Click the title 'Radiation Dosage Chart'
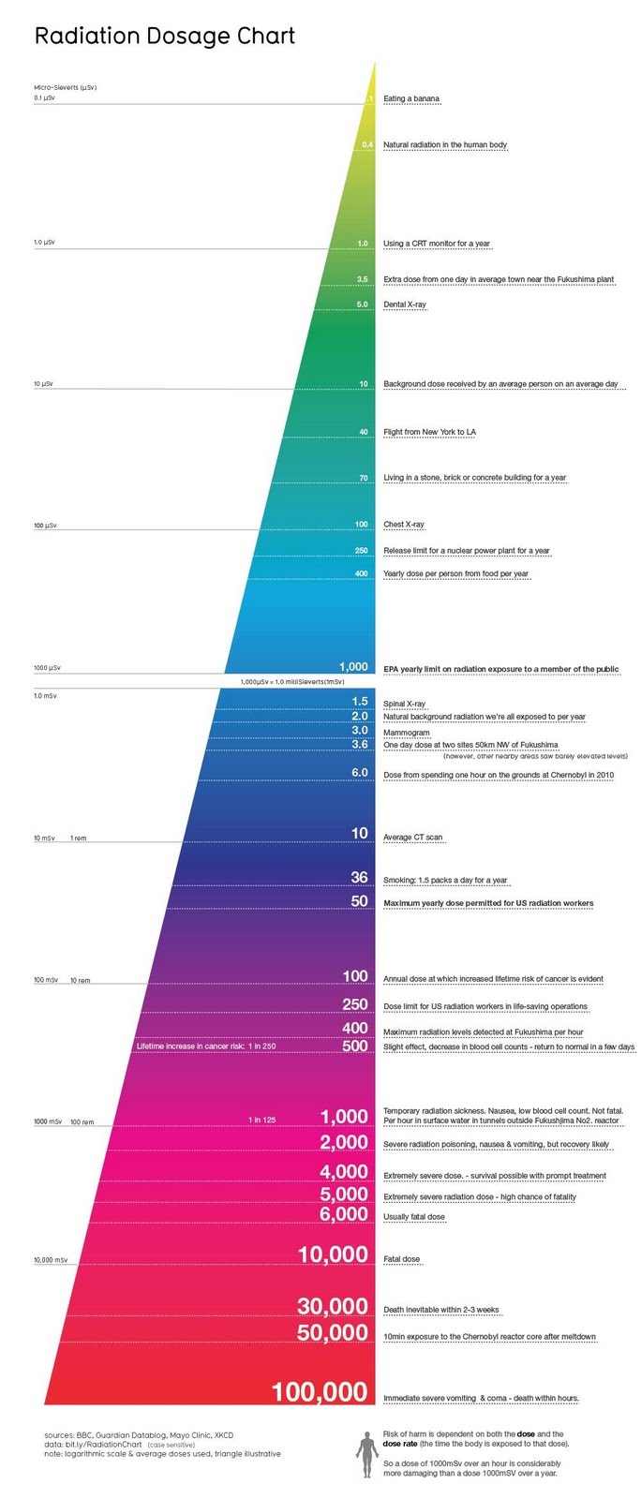point(165,37)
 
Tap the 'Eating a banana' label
point(410,98)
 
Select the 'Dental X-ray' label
point(404,304)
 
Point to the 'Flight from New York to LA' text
point(429,432)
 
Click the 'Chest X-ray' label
point(403,525)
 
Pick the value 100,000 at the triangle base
point(320,1392)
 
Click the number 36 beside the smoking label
point(359,878)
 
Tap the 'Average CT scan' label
point(412,838)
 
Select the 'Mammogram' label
point(406,733)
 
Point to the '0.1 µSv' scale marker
point(44,97)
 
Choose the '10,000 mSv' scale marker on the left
point(51,1260)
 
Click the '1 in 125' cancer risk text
point(262,1120)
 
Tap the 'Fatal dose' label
point(401,1259)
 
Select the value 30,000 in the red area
point(333,1306)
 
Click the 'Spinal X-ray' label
point(404,704)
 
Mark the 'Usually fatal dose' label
point(413,1217)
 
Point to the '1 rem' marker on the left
point(78,839)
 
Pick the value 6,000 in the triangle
point(343,1215)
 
